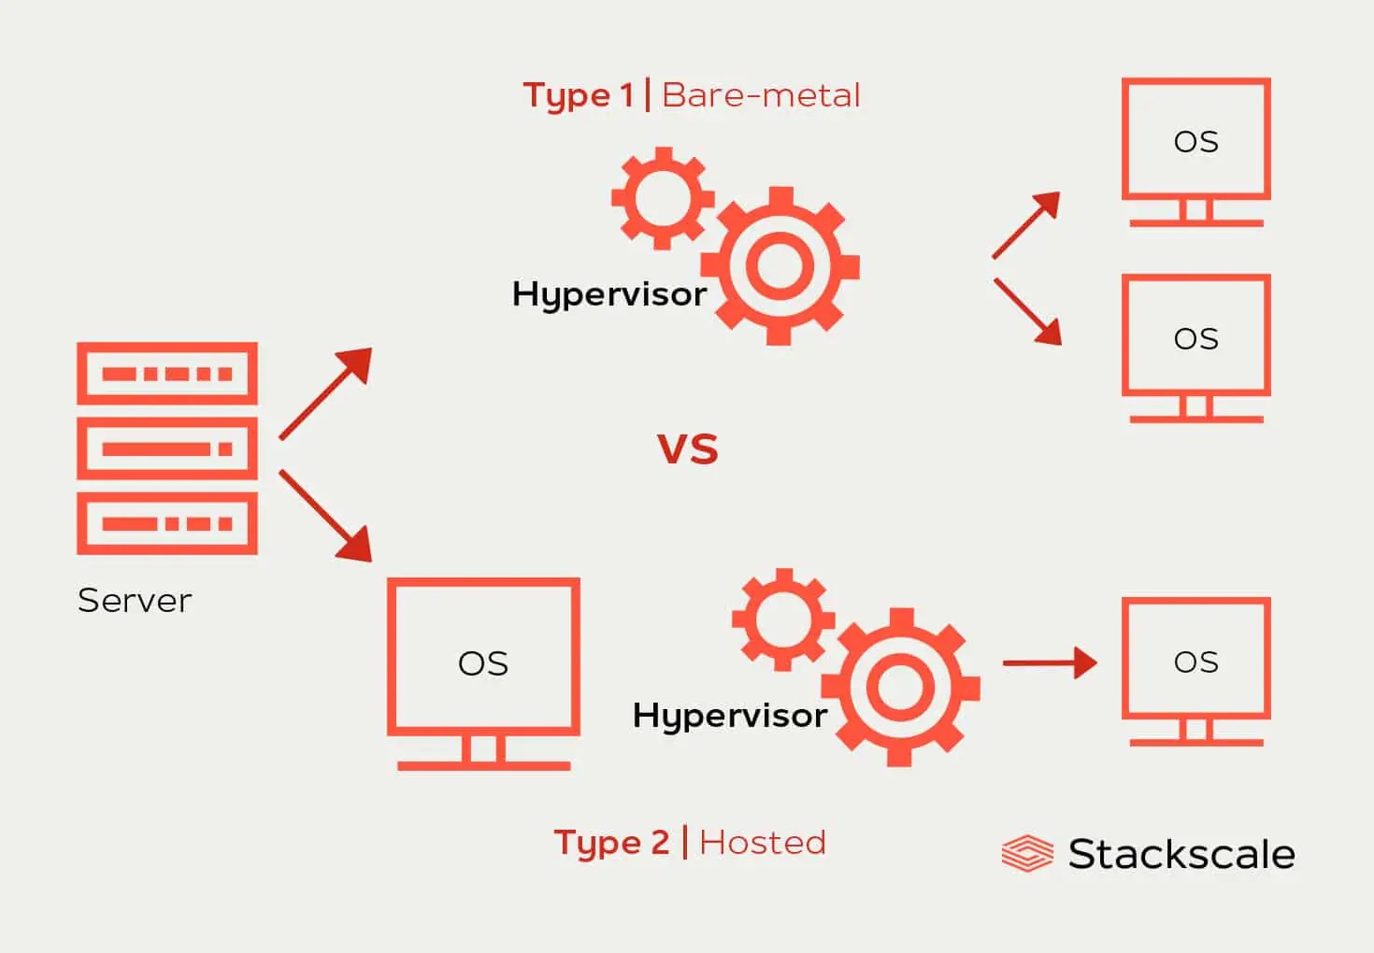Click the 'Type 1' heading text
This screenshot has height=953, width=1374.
(578, 95)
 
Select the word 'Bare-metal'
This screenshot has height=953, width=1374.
(761, 95)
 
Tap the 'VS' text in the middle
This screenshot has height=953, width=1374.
(687, 449)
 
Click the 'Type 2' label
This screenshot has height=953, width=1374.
(611, 843)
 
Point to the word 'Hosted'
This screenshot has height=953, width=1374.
(762, 843)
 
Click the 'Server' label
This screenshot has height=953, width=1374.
(135, 600)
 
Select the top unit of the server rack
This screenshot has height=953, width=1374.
(167, 374)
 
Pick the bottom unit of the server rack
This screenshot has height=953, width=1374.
(167, 523)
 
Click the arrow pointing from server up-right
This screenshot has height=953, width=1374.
(326, 393)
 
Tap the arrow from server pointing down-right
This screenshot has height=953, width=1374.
(326, 516)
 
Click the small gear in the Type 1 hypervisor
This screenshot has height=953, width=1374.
(663, 198)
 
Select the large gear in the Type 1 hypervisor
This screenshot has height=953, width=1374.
(780, 266)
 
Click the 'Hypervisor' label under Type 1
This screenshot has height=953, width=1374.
(609, 294)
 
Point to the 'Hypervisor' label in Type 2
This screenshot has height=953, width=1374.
(729, 716)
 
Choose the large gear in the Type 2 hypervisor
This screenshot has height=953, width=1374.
(901, 688)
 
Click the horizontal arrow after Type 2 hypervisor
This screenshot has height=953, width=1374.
(1049, 662)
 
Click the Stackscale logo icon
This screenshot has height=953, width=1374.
(1026, 853)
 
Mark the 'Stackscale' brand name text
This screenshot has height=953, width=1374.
(1181, 854)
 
